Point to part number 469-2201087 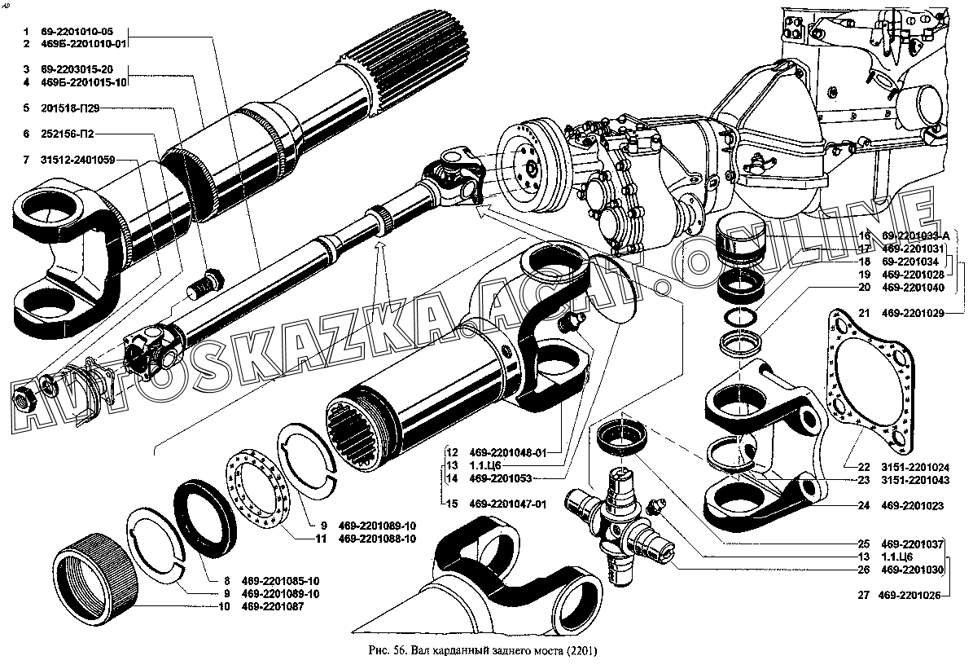[x=278, y=608]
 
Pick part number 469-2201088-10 [x=377, y=539]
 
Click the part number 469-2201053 [x=502, y=478]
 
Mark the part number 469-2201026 [x=909, y=596]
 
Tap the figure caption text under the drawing [x=485, y=653]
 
